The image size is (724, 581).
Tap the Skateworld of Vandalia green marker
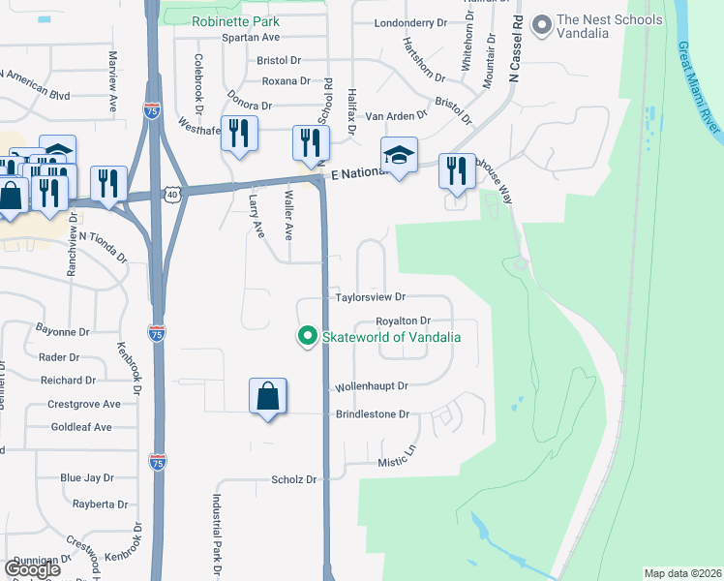308,337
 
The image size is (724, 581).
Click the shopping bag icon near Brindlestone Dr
268,396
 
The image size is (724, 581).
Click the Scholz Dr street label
294,479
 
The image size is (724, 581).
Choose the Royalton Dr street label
403,321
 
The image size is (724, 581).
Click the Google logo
33,569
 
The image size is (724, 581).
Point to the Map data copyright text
681,573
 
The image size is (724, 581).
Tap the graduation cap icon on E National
399,155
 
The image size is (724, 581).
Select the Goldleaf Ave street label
81,427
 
